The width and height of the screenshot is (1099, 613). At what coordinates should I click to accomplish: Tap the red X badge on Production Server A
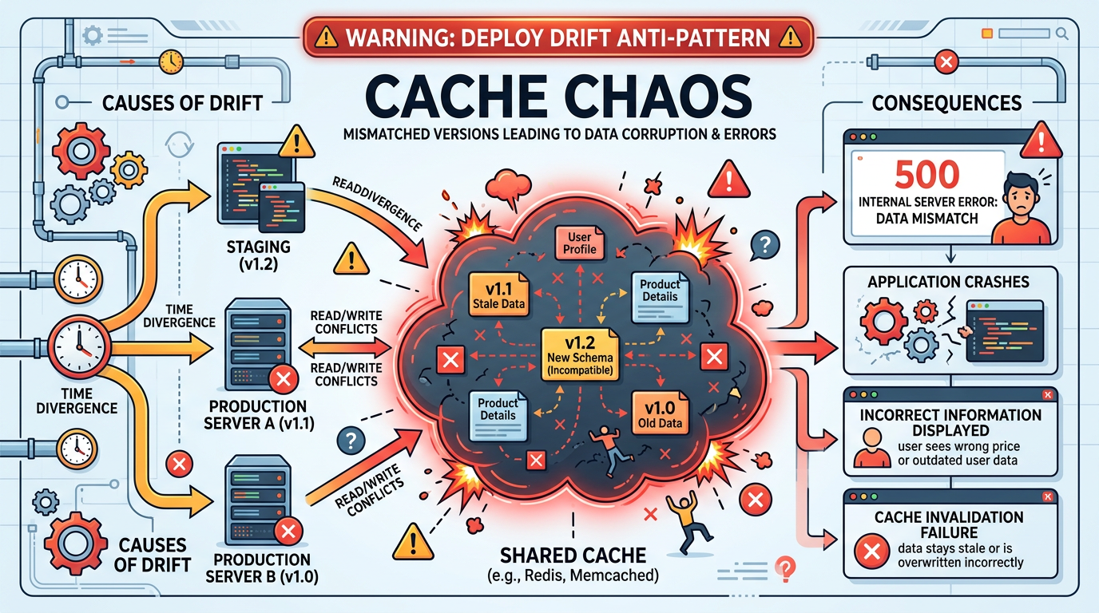(x=281, y=380)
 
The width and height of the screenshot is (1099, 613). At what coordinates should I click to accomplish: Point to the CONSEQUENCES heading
(x=946, y=103)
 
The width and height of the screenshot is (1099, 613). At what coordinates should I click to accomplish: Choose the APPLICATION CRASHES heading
(x=948, y=282)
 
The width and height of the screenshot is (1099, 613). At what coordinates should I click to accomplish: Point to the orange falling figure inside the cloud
(x=606, y=443)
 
